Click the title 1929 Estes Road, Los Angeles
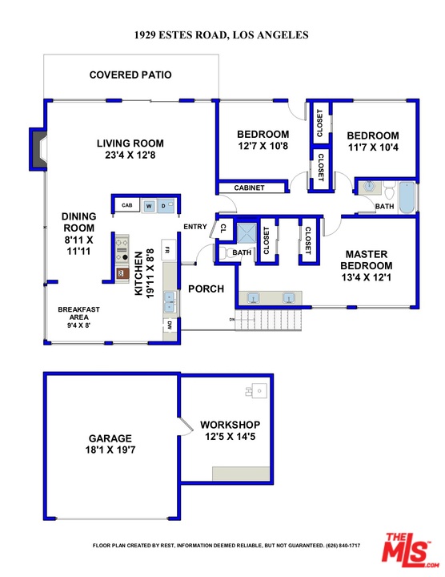(221, 35)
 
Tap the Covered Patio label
(130, 75)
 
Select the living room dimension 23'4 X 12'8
(130, 155)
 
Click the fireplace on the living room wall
(38, 149)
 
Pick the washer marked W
(149, 206)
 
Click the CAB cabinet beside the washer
(126, 205)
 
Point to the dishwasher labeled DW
(170, 325)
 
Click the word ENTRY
(195, 227)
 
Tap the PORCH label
(206, 288)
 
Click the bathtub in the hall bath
(407, 197)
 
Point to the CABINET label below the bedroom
(249, 188)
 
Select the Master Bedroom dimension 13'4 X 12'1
(367, 277)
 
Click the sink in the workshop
(257, 390)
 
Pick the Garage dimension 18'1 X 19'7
(110, 450)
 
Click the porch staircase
(268, 320)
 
